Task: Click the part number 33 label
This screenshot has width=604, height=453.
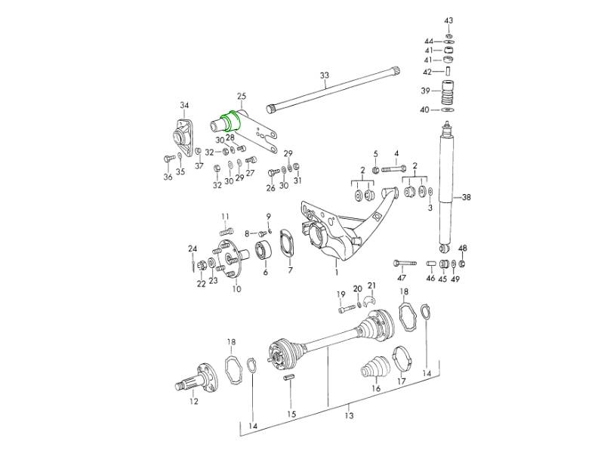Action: (325, 75)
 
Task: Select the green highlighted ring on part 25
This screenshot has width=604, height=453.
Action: (230, 122)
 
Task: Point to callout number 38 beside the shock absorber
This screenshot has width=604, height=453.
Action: (466, 198)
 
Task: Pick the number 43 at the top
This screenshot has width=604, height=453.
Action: (448, 20)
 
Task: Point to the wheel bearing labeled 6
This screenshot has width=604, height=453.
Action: (265, 251)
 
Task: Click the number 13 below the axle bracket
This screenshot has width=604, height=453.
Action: (349, 415)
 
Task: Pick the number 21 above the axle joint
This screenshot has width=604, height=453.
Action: (371, 285)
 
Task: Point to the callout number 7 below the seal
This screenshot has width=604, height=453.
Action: (290, 270)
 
